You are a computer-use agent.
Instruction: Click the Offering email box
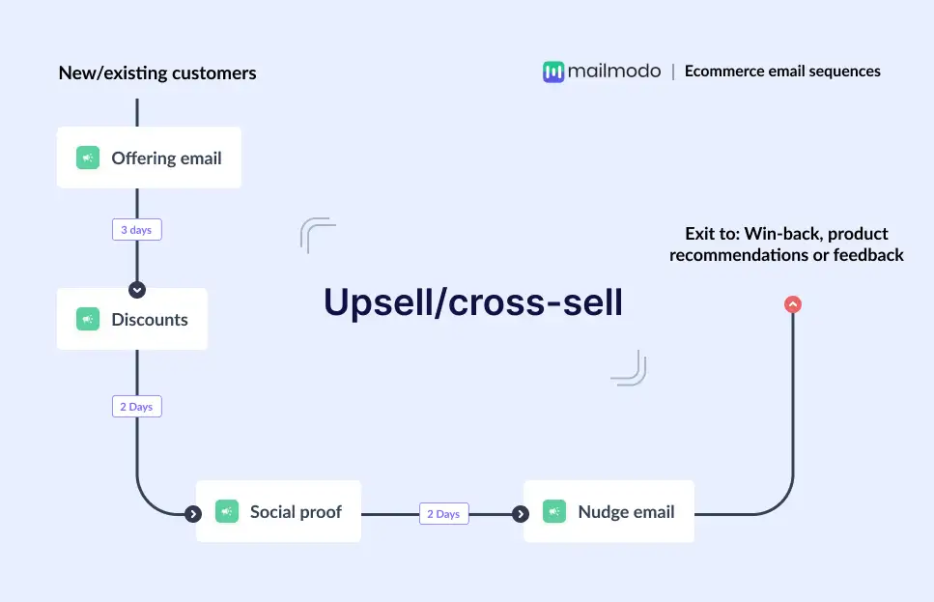pyautogui.click(x=149, y=158)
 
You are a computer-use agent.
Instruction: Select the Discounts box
pyautogui.click(x=132, y=319)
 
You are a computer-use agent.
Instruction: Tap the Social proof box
pyautogui.click(x=278, y=511)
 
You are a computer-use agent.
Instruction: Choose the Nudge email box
pyautogui.click(x=609, y=511)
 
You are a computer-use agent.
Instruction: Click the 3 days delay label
pyautogui.click(x=136, y=230)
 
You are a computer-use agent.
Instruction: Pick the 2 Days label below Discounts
pyautogui.click(x=136, y=407)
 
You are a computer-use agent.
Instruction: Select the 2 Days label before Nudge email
pyautogui.click(x=443, y=514)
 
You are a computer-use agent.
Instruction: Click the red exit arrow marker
pyautogui.click(x=793, y=304)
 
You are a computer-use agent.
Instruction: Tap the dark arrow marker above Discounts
pyautogui.click(x=136, y=289)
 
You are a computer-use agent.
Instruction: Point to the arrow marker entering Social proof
pyautogui.click(x=193, y=514)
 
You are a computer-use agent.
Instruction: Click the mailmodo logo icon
pyautogui.click(x=552, y=72)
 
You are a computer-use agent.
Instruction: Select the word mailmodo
pyautogui.click(x=614, y=71)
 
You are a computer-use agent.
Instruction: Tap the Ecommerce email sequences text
pyautogui.click(x=782, y=71)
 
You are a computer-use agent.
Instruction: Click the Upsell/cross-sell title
pyautogui.click(x=473, y=302)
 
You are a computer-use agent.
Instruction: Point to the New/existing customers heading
pyautogui.click(x=157, y=72)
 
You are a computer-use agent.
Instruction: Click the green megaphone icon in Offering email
pyautogui.click(x=88, y=158)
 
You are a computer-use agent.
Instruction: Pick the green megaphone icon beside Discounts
pyautogui.click(x=88, y=319)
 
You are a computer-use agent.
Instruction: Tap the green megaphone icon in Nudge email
pyautogui.click(x=554, y=511)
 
